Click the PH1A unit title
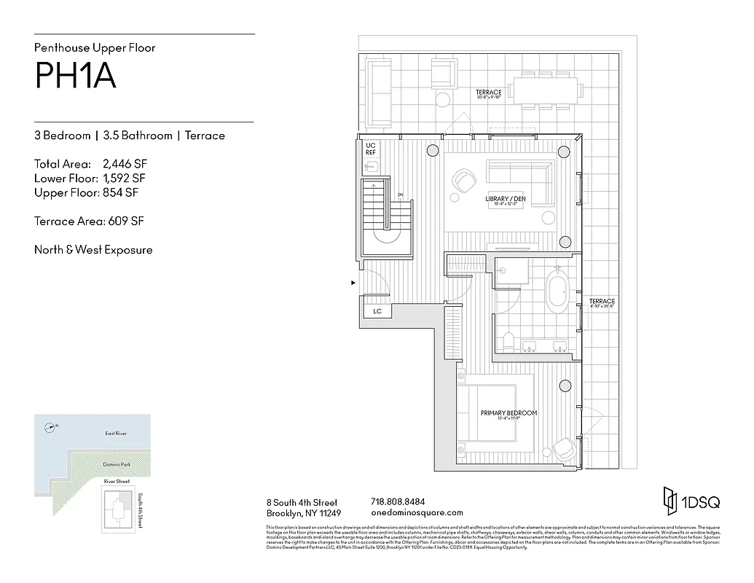tap(75, 76)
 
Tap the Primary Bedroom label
tap(508, 413)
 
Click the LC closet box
tap(377, 311)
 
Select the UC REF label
tap(369, 149)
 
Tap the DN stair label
tap(401, 195)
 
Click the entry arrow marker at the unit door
tap(353, 282)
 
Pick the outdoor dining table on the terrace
tap(546, 90)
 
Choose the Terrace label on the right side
tap(602, 302)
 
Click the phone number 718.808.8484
tap(398, 502)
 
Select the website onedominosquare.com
tap(417, 513)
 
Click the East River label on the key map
tap(116, 434)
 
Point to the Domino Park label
tap(116, 464)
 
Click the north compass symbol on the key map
tap(50, 428)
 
